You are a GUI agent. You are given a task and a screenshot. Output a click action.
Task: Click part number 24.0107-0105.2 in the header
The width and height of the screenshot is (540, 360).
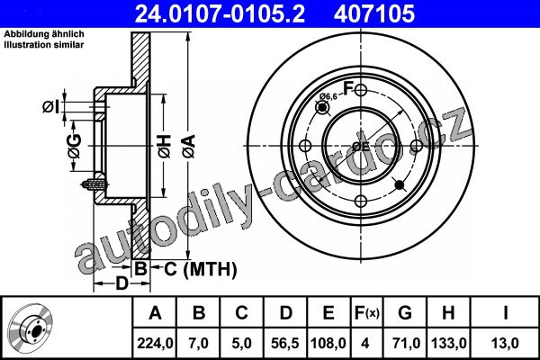[x=220, y=13]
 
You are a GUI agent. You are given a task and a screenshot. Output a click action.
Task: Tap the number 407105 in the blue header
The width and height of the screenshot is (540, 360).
[x=374, y=13]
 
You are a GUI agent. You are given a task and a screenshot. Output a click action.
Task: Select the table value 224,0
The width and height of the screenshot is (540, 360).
[x=155, y=343]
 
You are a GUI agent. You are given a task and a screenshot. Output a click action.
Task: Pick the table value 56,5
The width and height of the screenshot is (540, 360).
[x=284, y=343]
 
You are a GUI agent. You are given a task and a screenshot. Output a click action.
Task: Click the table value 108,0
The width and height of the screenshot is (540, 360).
[x=328, y=343]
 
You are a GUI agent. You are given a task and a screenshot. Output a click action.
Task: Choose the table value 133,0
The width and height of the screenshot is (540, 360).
[x=449, y=343]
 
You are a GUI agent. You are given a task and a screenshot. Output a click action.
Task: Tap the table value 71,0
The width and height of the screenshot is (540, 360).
[x=405, y=343]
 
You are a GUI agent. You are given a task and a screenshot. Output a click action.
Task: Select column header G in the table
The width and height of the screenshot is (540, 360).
[x=405, y=313]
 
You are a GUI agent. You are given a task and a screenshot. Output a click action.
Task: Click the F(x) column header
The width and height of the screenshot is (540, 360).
[x=367, y=313]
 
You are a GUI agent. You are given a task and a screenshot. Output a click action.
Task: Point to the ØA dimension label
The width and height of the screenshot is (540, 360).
[x=189, y=147]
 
